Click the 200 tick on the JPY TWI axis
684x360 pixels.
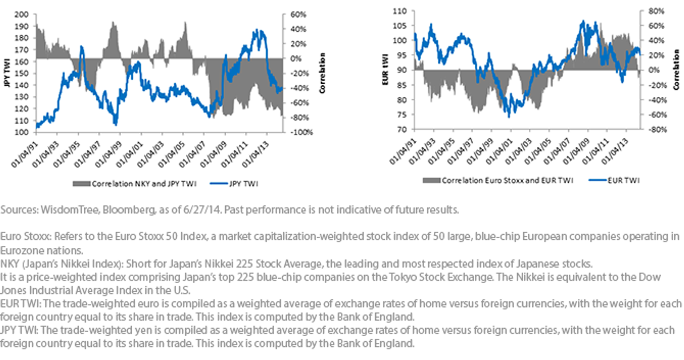pos(22,14)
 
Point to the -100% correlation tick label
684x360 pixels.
pos(301,132)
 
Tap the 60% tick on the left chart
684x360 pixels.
pos(298,14)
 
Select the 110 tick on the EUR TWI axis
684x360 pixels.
pos(400,11)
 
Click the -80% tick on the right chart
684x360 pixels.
pos(656,129)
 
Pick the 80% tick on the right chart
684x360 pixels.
pos(656,11)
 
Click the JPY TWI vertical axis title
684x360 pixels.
pos(7,73)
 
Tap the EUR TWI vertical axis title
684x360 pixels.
pos(385,69)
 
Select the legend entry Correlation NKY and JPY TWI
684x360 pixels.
pos(135,183)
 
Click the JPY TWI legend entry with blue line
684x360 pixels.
pos(234,183)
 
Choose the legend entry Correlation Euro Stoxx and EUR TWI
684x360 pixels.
pos(498,181)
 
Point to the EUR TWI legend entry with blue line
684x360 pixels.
pos(614,181)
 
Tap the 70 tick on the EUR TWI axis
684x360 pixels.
pos(402,129)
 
